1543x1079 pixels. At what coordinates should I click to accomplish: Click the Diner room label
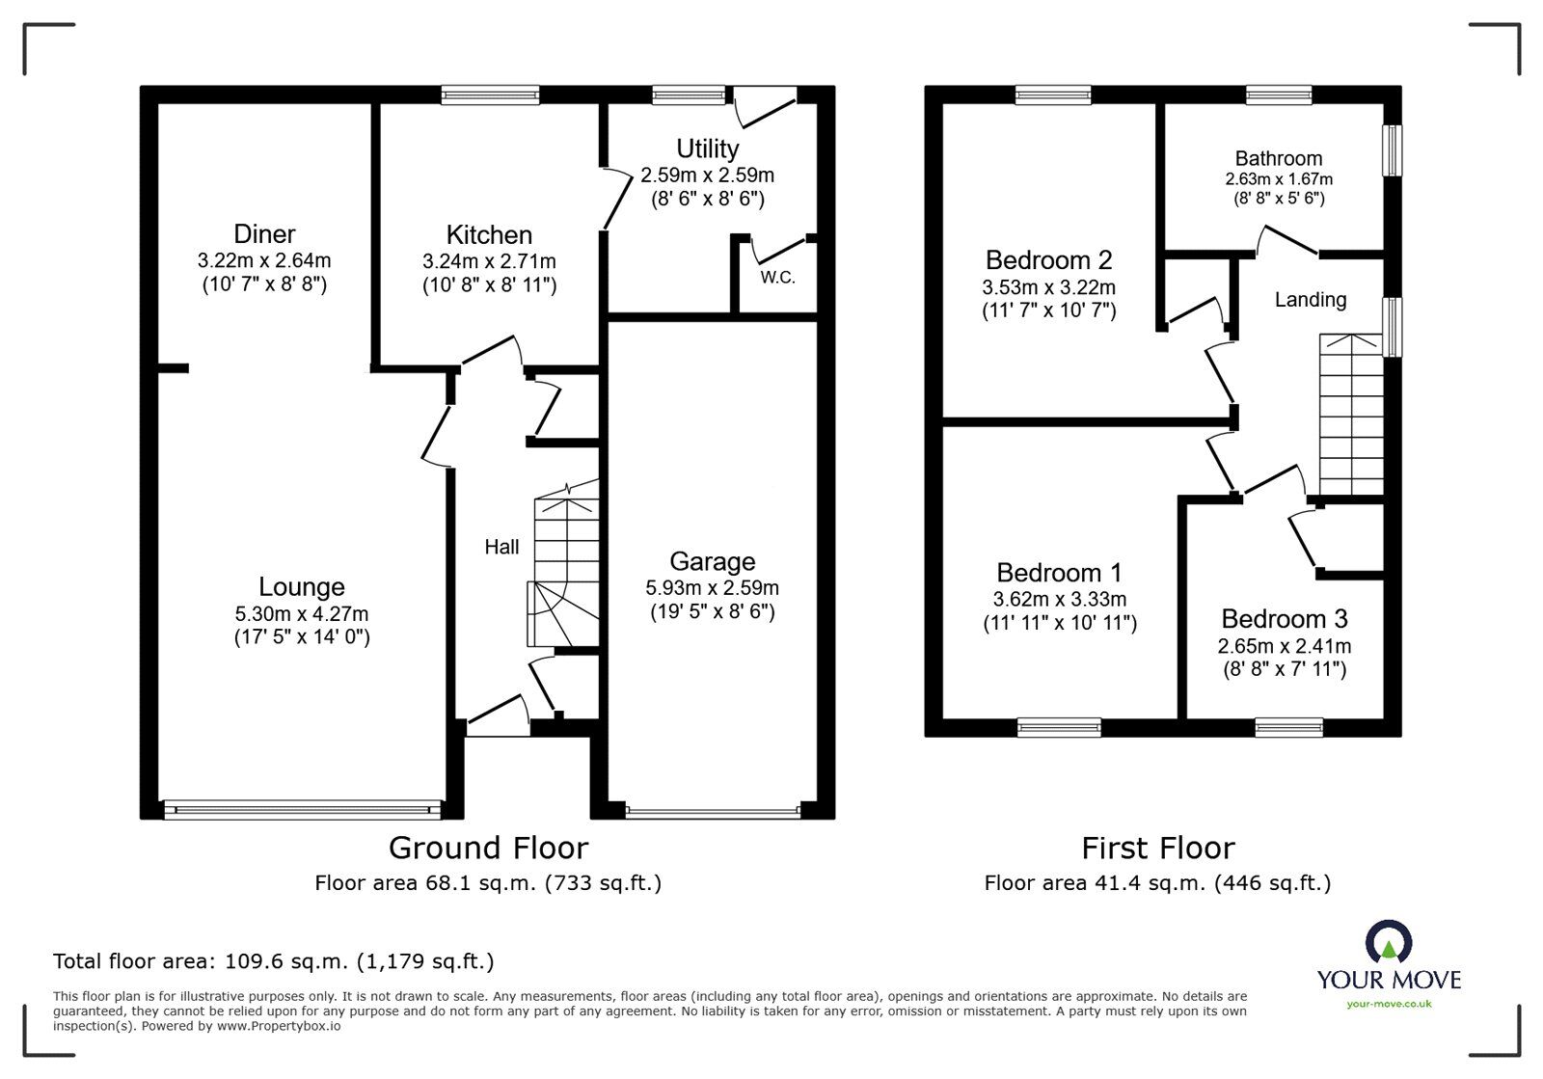pos(264,234)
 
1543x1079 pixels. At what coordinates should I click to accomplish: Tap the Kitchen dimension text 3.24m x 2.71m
pos(489,261)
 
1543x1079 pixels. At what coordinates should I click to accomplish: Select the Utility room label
pos(707,148)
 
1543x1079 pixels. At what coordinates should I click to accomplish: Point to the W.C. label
pos(777,278)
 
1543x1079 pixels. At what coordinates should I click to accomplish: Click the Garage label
pos(712,561)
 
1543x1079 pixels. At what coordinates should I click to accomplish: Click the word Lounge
pos(301,586)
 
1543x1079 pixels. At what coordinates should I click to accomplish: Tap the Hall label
pos(501,547)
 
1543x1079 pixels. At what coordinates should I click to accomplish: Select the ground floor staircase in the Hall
pos(564,569)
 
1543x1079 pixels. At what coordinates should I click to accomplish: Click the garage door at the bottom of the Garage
pos(712,811)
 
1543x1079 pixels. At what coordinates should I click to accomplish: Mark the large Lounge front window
pos(302,808)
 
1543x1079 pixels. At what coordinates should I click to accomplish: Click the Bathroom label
pos(1279,158)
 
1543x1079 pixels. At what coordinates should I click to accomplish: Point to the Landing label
pos(1310,300)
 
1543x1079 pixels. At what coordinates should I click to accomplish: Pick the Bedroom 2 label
pos(1048,259)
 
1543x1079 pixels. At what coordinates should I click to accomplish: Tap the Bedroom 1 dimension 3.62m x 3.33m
pos(1059,599)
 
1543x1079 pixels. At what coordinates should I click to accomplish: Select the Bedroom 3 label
pos(1284,618)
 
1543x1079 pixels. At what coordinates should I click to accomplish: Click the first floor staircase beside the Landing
pos(1351,415)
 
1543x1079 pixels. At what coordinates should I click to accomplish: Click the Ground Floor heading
pos(487,848)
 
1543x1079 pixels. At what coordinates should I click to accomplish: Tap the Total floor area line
pos(273,961)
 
